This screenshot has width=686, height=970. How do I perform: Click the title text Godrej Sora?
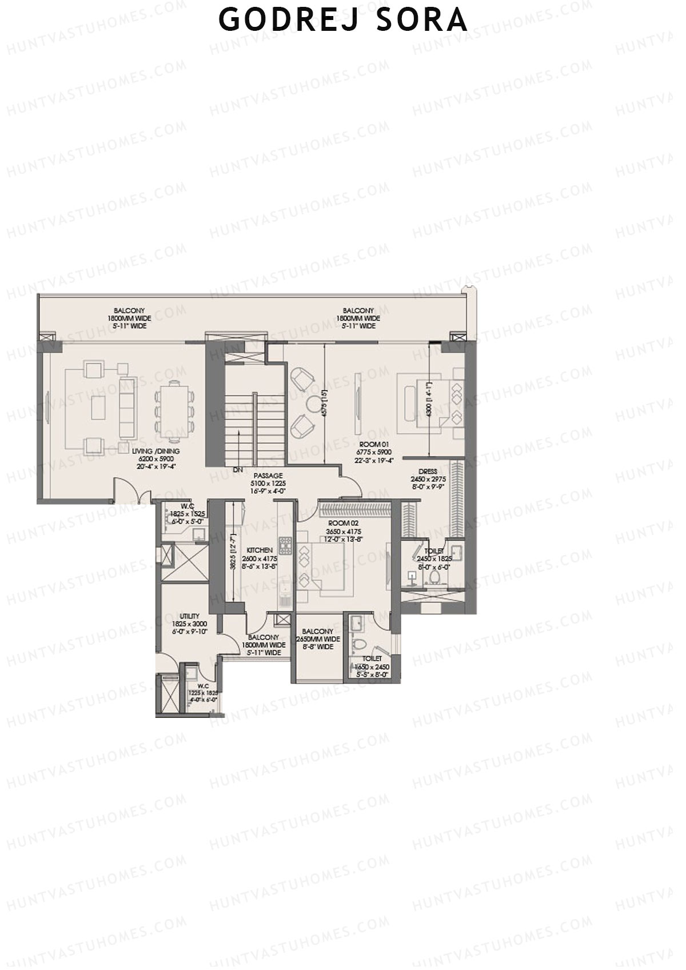[x=343, y=21]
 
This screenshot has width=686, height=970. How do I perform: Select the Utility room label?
[x=189, y=624]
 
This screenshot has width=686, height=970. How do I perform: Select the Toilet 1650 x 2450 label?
[x=372, y=666]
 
